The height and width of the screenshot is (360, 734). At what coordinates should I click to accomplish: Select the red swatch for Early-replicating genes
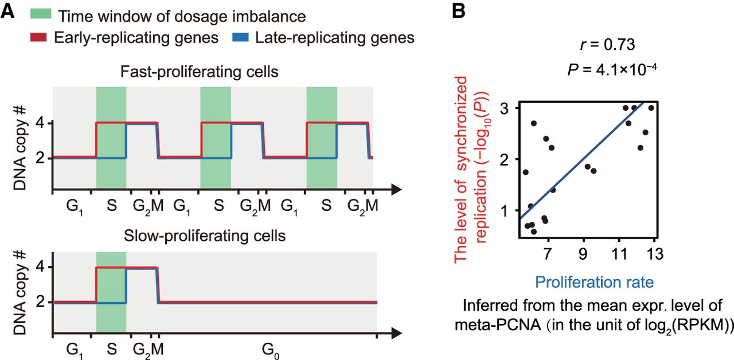[x=39, y=38]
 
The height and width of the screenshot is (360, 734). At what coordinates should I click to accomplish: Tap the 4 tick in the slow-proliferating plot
[x=40, y=267]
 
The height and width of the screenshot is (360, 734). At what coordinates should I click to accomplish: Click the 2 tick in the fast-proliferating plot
[x=40, y=158]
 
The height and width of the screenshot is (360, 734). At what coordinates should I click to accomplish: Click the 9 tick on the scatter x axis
[x=584, y=253]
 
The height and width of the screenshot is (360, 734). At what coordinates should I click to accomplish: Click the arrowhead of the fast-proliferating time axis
[x=396, y=188]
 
